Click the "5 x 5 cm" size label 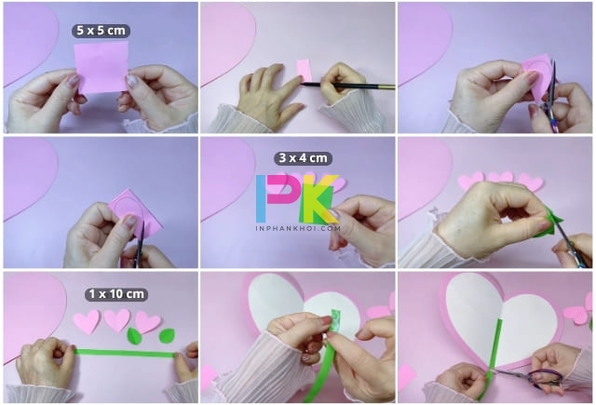click(101, 31)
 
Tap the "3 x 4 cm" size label click(303, 158)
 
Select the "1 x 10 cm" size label click(116, 294)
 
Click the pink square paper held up click(102, 67)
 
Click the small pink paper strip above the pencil click(305, 70)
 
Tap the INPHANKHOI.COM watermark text click(298, 228)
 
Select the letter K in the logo click(318, 198)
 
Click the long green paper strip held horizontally click(125, 354)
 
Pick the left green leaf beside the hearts click(133, 336)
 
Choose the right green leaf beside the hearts click(167, 336)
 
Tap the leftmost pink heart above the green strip click(87, 321)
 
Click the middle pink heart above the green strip click(117, 320)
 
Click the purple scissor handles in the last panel click(545, 378)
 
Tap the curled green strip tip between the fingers click(336, 320)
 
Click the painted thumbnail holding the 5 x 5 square click(131, 81)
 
